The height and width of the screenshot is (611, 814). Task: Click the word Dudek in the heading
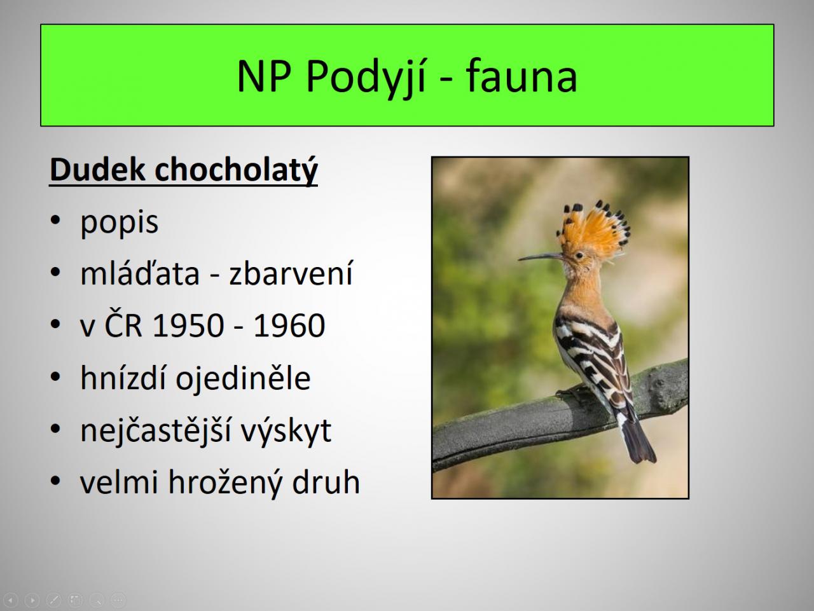click(97, 169)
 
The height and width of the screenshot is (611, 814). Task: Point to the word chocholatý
click(236, 170)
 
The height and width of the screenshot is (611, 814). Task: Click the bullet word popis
click(119, 224)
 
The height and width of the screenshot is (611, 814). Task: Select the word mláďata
click(140, 273)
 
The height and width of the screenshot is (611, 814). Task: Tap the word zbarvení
click(291, 273)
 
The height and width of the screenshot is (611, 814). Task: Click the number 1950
click(188, 325)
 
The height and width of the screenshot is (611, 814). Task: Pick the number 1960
click(289, 325)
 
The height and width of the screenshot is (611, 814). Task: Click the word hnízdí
click(123, 377)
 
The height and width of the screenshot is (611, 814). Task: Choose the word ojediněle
click(243, 378)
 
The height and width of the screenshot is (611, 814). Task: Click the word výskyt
click(286, 430)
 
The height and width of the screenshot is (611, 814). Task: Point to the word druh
click(326, 482)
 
